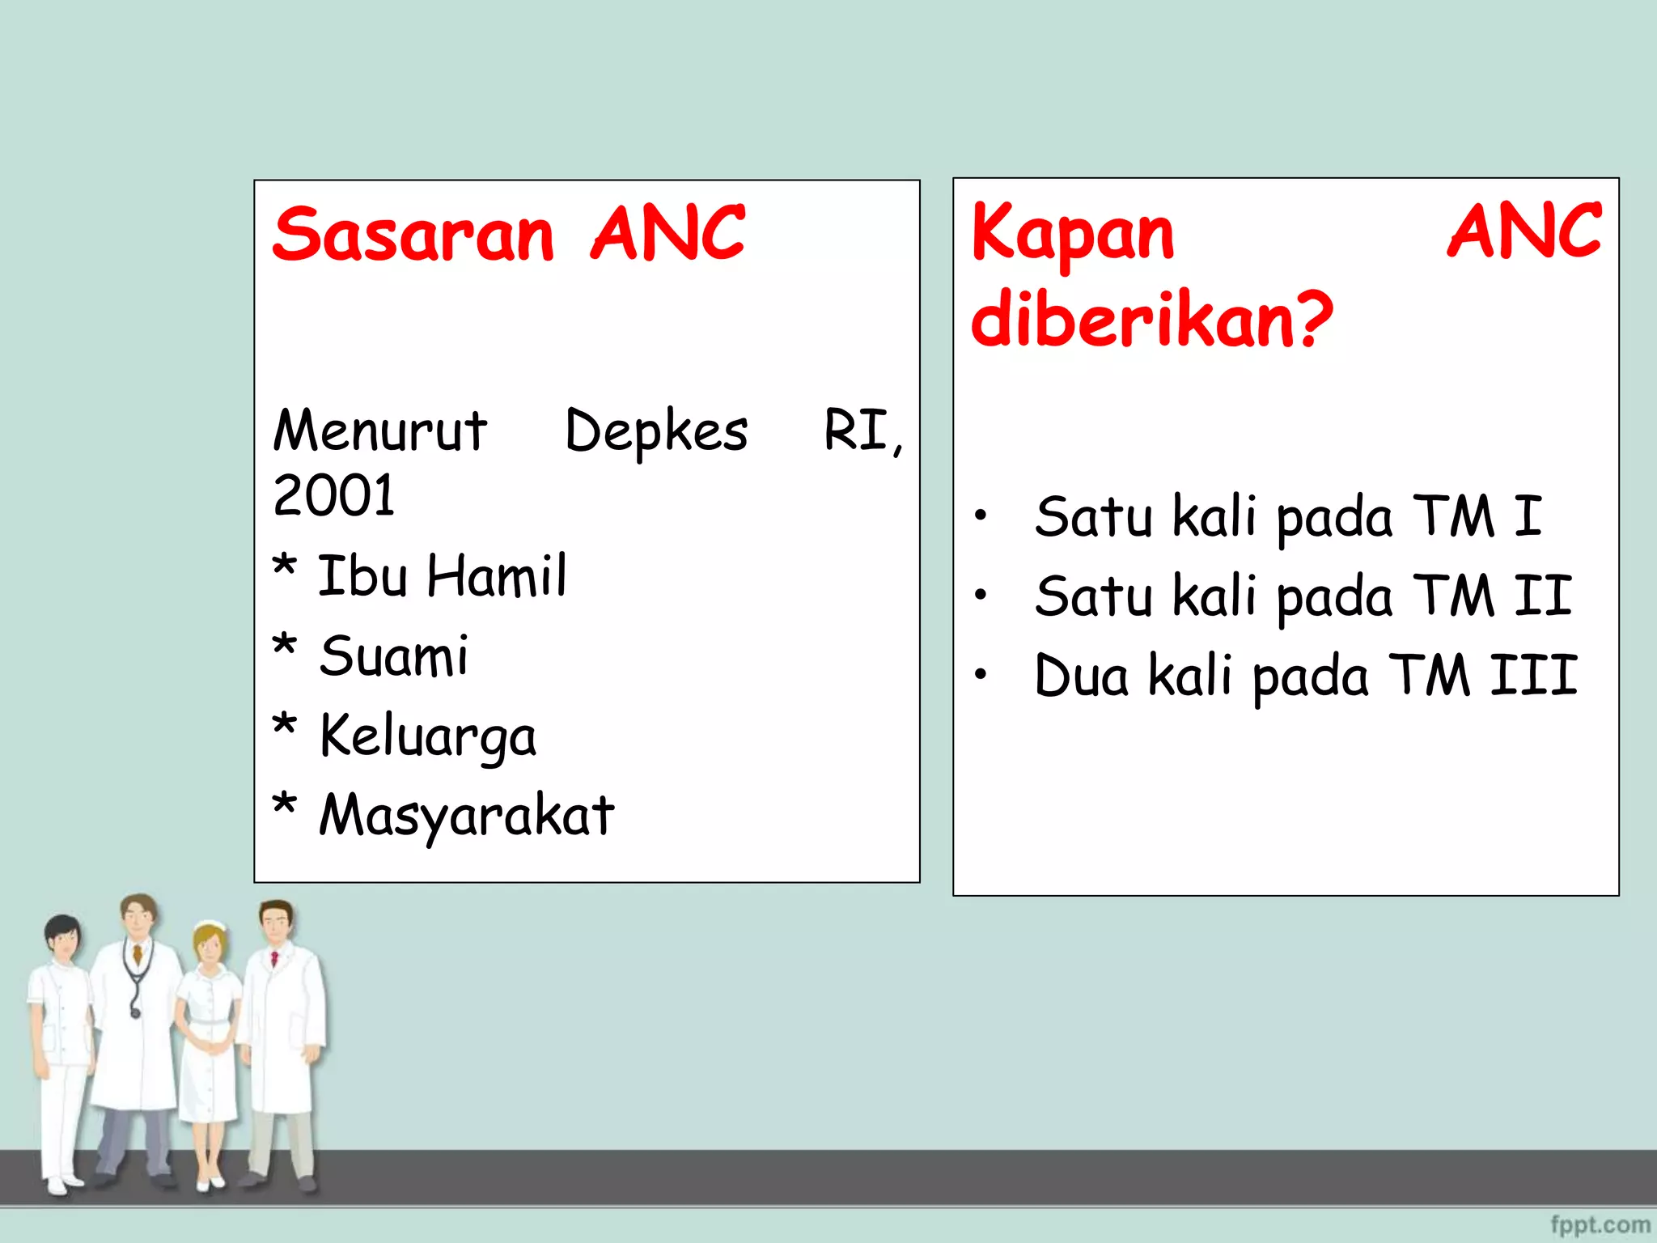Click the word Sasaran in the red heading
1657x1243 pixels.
click(413, 235)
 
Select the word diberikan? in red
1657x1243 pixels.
click(1151, 320)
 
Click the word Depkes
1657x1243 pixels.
click(656, 431)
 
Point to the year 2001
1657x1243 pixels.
click(333, 495)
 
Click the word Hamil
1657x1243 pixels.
click(497, 576)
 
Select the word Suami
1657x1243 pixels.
click(393, 655)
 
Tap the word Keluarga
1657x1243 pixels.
click(427, 736)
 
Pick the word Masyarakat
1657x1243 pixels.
click(467, 815)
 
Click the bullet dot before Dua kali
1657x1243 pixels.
click(981, 674)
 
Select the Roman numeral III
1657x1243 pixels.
click(1533, 676)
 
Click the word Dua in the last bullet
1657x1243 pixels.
click(1081, 676)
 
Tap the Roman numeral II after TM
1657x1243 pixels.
click(1542, 596)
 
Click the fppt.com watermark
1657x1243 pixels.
click(1600, 1224)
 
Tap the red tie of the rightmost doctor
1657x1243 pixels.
click(274, 960)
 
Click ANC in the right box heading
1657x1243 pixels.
click(1524, 232)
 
